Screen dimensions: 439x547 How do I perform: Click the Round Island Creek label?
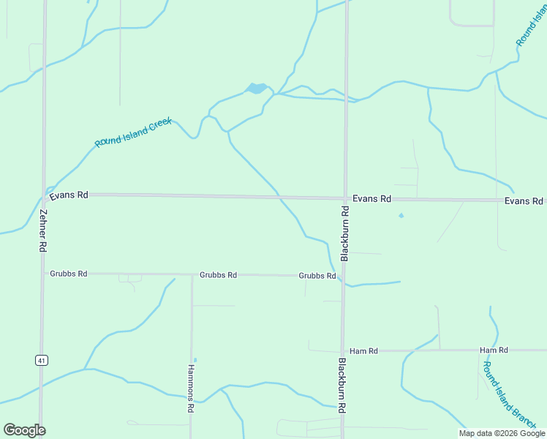tap(133, 132)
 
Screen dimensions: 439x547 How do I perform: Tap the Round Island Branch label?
tap(509, 396)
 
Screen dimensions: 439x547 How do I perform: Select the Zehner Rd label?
tap(43, 231)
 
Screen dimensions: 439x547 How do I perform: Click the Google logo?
tap(24, 430)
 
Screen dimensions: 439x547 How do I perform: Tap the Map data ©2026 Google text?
tap(502, 433)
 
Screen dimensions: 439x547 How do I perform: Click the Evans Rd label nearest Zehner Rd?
tap(68, 195)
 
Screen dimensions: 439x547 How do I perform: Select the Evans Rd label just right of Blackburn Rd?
tap(371, 199)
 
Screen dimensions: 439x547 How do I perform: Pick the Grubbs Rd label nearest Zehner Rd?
tap(69, 274)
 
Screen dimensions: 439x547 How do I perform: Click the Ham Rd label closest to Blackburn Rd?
tap(363, 351)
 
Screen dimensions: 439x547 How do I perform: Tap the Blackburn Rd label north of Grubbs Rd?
tap(344, 233)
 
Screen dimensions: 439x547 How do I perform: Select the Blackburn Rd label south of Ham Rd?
tap(342, 386)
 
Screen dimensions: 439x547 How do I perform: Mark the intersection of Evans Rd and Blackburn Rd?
tap(345, 198)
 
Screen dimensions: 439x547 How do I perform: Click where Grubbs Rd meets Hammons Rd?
tap(192, 275)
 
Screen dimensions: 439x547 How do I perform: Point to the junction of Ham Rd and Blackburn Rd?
tap(342, 350)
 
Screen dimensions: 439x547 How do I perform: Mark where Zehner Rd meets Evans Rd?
tap(45, 194)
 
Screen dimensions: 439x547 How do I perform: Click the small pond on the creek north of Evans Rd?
tap(256, 89)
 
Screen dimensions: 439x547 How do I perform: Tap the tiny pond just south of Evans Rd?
tap(400, 215)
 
